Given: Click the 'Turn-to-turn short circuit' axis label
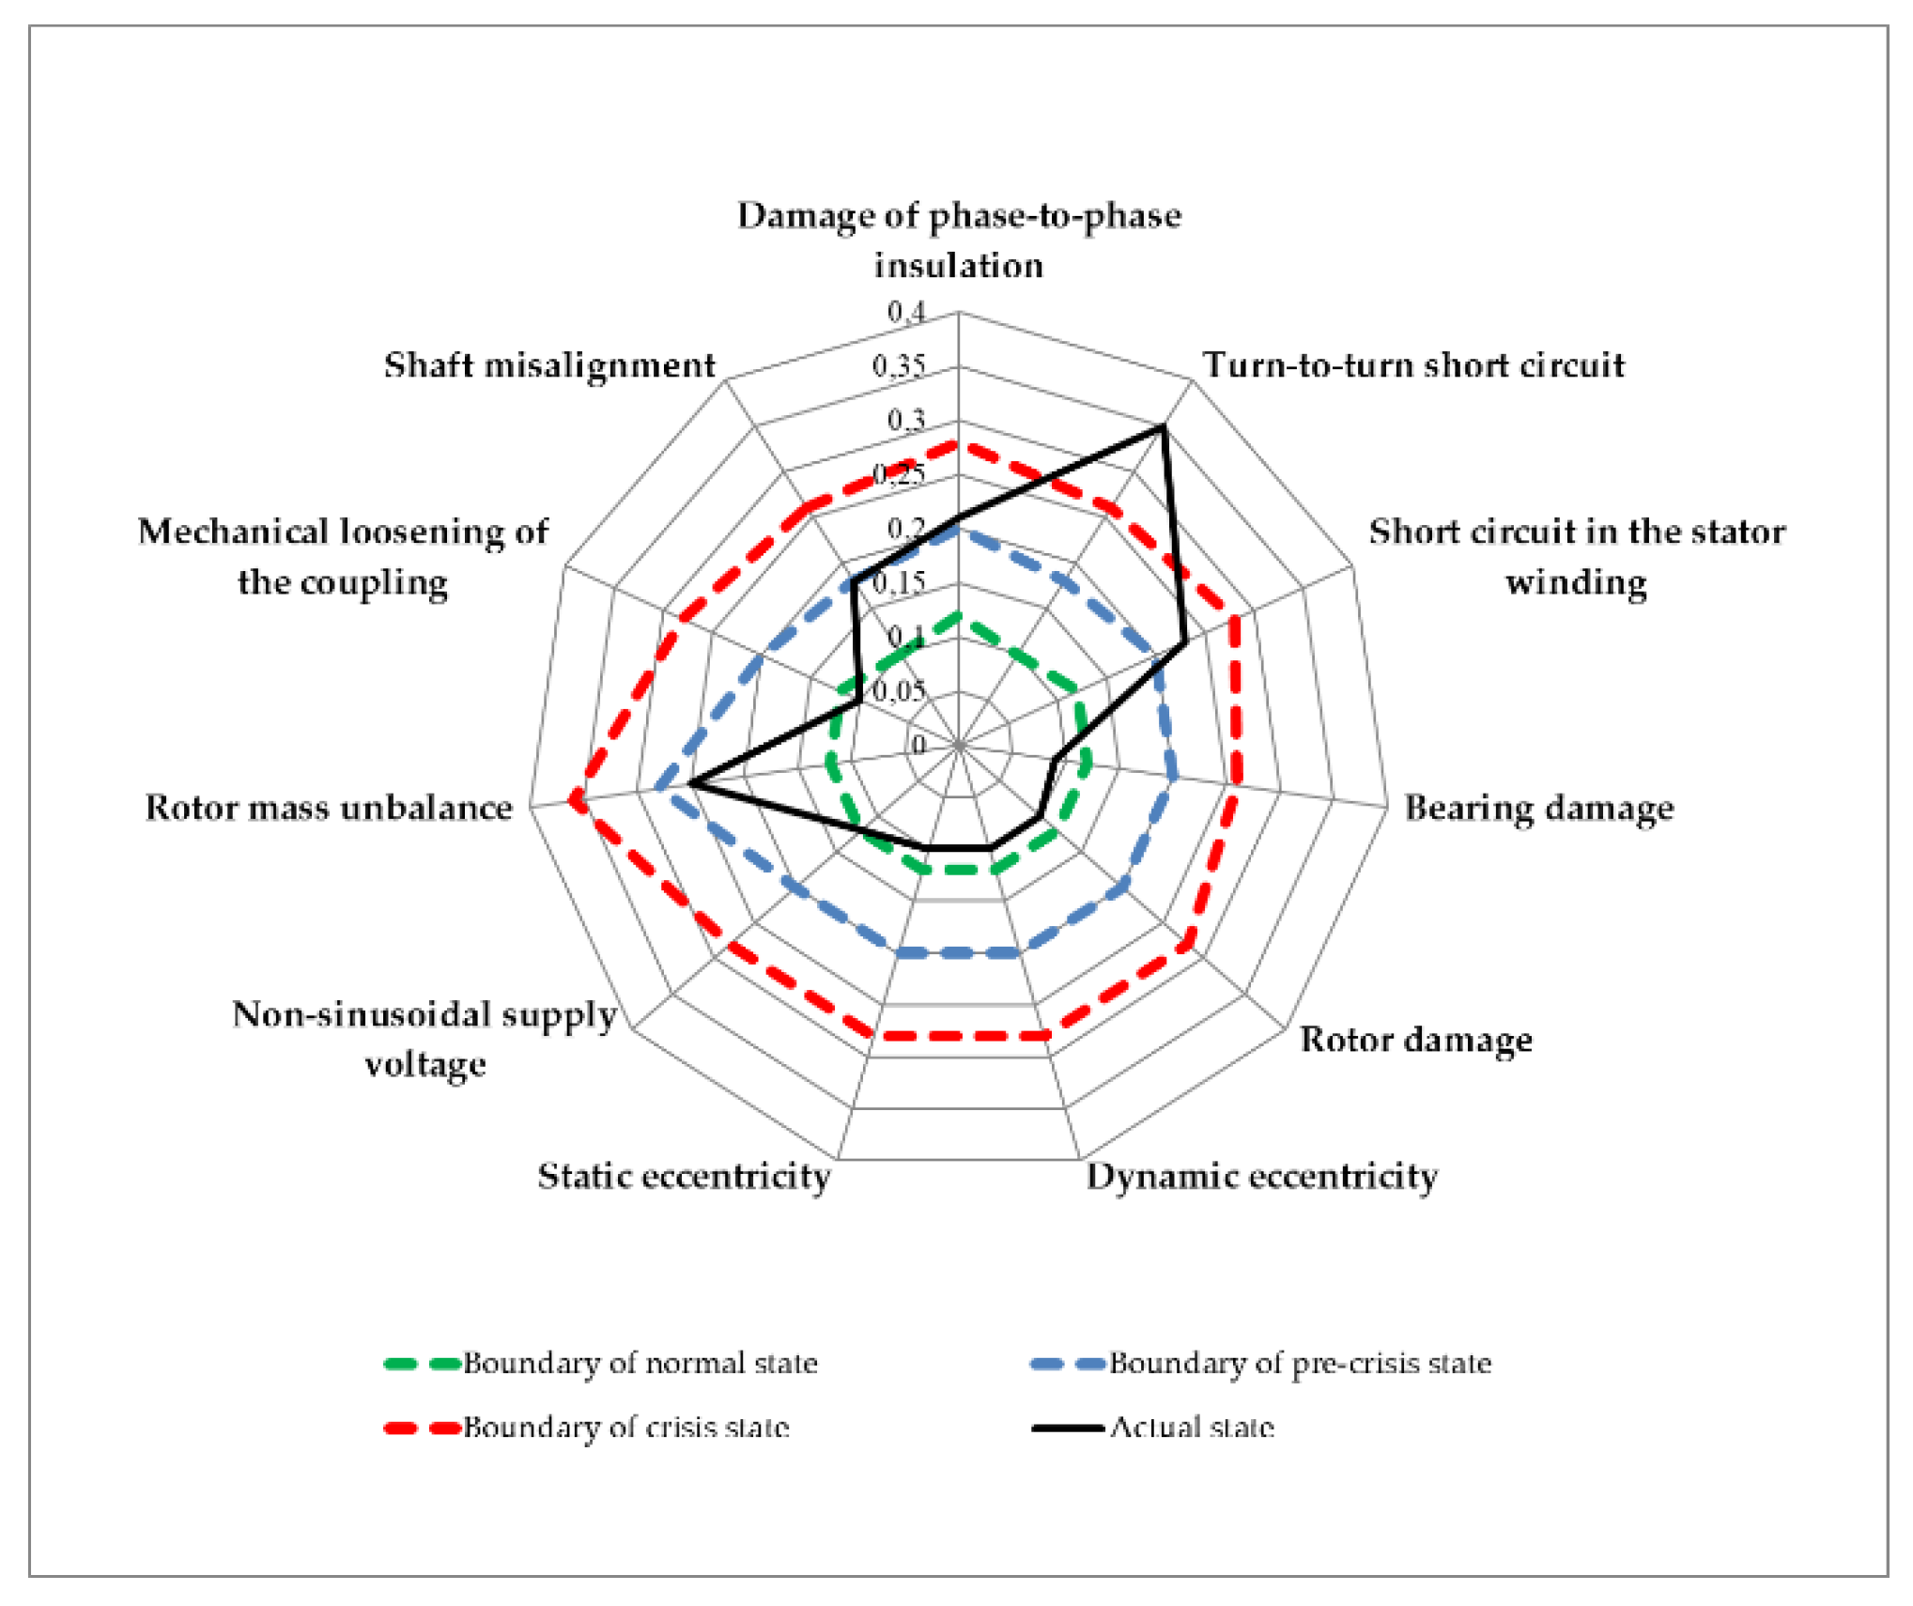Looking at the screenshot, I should click(x=1413, y=364).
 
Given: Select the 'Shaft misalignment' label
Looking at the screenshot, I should click(x=549, y=364).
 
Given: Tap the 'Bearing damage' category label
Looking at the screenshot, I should click(x=1538, y=808).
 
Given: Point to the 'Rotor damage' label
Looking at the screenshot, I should click(x=1415, y=1039).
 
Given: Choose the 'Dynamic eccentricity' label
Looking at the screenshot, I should click(x=1261, y=1176).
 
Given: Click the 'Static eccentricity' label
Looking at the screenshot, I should click(x=684, y=1176).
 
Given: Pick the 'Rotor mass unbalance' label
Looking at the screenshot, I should click(x=329, y=808).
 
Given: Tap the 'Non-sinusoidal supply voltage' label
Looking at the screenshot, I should click(x=424, y=1039).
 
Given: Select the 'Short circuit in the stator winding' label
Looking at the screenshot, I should click(x=1577, y=556).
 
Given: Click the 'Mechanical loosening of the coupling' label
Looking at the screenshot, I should click(x=343, y=556).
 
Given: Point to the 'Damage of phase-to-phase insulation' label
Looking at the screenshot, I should click(x=959, y=239).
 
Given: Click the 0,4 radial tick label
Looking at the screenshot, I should click(x=906, y=311).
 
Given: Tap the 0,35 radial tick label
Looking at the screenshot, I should click(x=899, y=365).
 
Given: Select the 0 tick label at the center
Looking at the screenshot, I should click(x=918, y=745).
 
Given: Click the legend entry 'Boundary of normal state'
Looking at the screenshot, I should click(x=640, y=1363).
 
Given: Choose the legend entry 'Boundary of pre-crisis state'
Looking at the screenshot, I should click(x=1300, y=1363).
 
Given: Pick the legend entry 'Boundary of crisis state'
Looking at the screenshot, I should click(x=625, y=1428).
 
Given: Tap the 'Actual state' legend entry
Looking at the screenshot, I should click(x=1192, y=1428).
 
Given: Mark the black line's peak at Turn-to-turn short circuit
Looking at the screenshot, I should click(x=1163, y=427).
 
